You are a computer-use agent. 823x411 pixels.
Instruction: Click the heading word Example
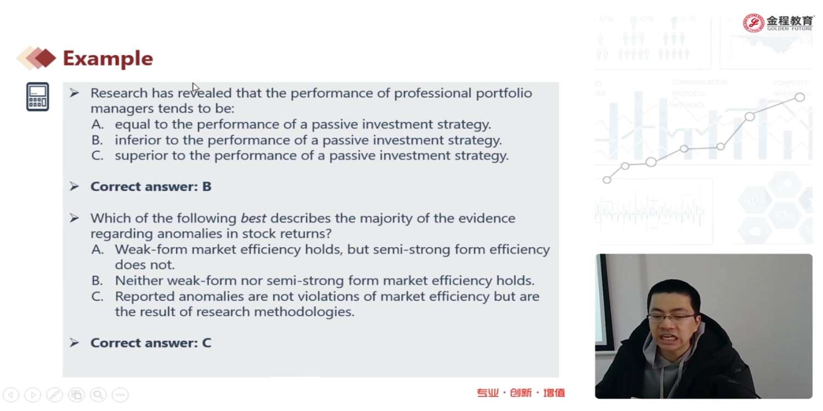tap(108, 59)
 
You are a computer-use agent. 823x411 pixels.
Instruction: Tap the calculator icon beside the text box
tap(37, 96)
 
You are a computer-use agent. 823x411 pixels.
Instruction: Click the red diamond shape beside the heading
tap(45, 58)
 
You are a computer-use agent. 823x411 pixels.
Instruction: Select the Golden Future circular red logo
tap(753, 23)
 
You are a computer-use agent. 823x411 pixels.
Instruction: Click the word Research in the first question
tap(119, 93)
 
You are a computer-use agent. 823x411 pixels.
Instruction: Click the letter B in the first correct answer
tap(207, 186)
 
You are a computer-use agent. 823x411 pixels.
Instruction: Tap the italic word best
tap(253, 218)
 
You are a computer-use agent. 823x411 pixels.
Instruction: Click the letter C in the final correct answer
tap(207, 342)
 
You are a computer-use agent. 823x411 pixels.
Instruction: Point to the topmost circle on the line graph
tap(799, 97)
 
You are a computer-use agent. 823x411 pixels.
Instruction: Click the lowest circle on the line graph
tap(607, 180)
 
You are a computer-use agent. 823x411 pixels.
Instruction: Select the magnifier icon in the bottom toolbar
tap(98, 395)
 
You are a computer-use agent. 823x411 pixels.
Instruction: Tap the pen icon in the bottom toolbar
tap(54, 395)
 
